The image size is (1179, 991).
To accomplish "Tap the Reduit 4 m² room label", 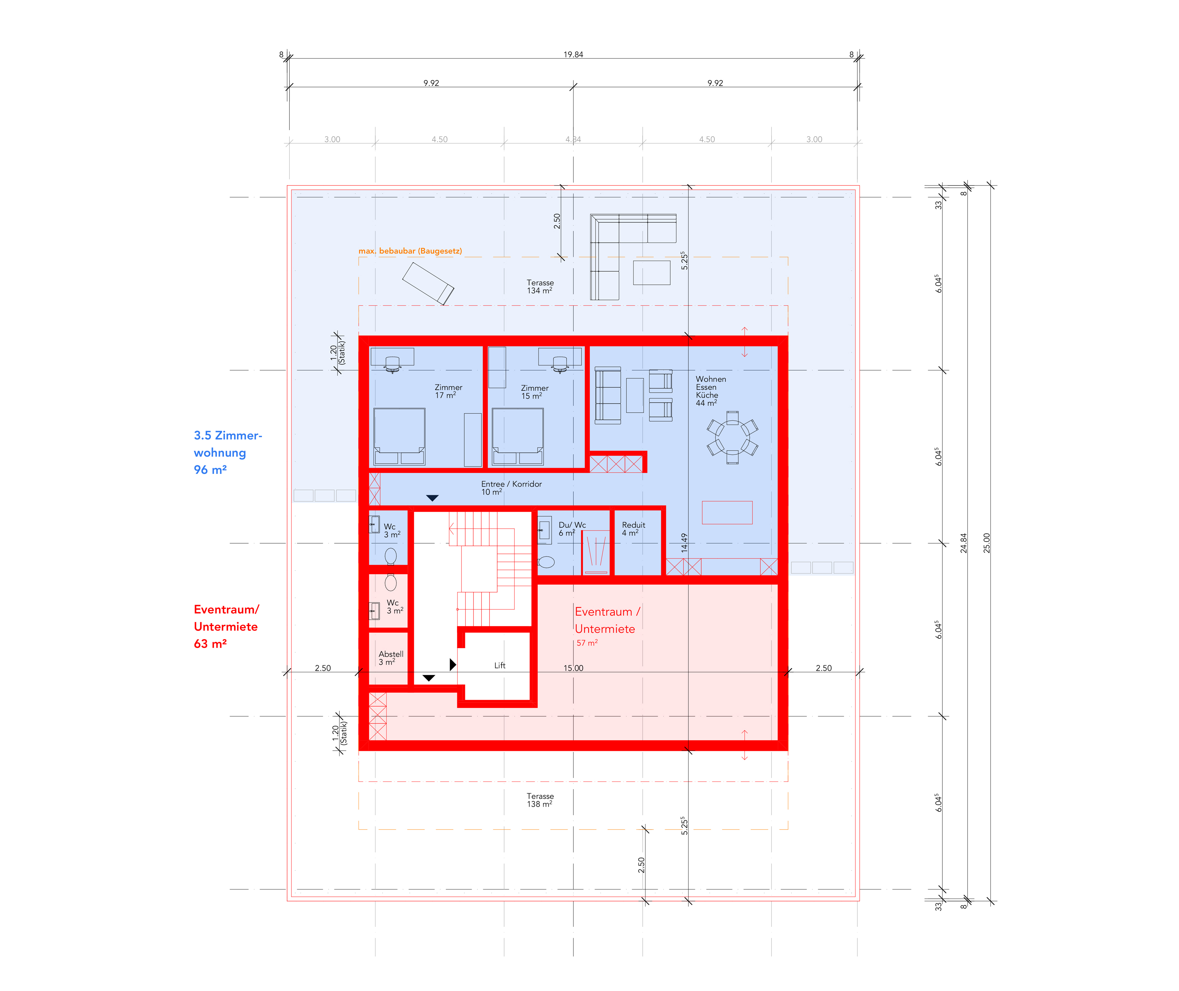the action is pyautogui.click(x=633, y=529).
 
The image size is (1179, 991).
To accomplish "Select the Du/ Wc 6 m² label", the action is pyautogui.click(x=572, y=529).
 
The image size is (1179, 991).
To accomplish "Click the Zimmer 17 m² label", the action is pyautogui.click(x=448, y=391).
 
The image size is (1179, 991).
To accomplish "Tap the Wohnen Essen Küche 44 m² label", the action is pyautogui.click(x=711, y=391).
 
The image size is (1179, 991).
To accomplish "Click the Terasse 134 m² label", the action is pyautogui.click(x=540, y=287).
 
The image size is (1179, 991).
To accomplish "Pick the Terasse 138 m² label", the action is pyautogui.click(x=540, y=800).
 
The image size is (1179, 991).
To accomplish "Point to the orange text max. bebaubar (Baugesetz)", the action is pyautogui.click(x=410, y=251).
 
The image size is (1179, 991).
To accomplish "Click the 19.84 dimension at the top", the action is pyautogui.click(x=573, y=54).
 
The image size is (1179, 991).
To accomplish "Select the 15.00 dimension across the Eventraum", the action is pyautogui.click(x=573, y=668).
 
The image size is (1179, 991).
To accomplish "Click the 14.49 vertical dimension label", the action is pyautogui.click(x=683, y=543).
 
